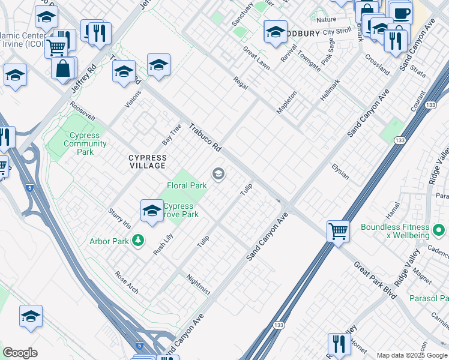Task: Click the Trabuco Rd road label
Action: [206, 137]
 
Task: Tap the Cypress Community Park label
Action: [85, 144]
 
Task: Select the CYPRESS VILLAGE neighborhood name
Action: [148, 161]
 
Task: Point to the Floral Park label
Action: [187, 186]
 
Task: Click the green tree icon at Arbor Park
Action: [139, 241]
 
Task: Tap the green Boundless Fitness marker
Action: [439, 230]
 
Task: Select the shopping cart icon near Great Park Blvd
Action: [339, 230]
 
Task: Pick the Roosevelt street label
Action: [83, 113]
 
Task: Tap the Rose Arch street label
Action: [127, 282]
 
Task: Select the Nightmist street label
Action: [199, 284]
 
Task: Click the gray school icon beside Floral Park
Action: [218, 175]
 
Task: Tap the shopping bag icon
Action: [62, 68]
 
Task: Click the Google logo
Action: [20, 352]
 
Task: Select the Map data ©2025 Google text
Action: [411, 355]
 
